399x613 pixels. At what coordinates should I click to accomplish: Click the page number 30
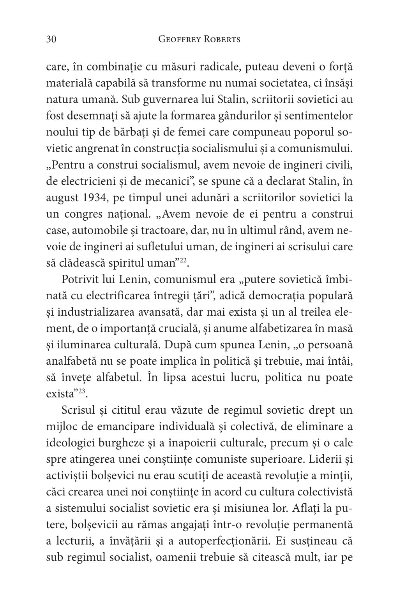click(52, 39)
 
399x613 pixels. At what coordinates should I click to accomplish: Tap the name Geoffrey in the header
click(181, 39)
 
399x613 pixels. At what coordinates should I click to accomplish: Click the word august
click(63, 198)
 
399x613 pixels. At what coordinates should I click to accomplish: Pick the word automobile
click(93, 230)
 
